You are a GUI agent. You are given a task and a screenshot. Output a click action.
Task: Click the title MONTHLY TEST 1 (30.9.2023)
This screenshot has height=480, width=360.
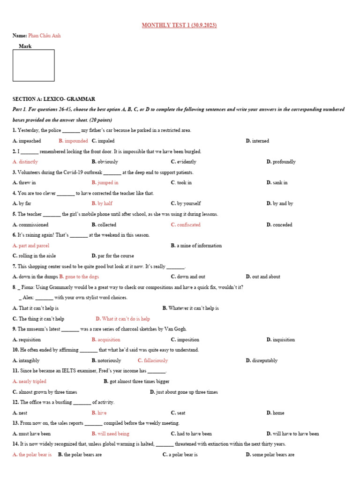(180, 25)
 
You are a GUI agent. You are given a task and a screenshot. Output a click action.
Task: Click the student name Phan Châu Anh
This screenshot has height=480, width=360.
(44, 36)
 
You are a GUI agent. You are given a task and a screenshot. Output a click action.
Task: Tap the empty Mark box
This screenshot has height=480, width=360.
(33, 66)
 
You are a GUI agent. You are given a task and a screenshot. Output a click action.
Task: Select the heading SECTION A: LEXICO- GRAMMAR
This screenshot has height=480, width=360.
(54, 99)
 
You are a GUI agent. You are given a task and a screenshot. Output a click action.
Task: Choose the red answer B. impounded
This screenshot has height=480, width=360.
(73, 141)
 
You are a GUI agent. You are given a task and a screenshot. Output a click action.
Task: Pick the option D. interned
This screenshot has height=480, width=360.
(257, 141)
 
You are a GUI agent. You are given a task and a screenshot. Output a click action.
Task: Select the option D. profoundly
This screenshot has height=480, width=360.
(281, 162)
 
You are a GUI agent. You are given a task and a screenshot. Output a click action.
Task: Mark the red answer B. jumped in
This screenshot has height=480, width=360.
(105, 183)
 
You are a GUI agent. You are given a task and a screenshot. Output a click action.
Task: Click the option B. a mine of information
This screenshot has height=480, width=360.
(196, 246)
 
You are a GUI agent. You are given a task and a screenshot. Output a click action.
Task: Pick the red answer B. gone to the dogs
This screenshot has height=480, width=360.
(79, 277)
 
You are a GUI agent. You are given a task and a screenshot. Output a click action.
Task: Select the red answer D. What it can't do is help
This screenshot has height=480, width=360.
(123, 319)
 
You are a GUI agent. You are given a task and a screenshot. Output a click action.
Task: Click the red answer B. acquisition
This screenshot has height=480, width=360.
(106, 340)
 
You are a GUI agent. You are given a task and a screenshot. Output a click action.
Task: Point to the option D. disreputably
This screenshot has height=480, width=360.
(262, 360)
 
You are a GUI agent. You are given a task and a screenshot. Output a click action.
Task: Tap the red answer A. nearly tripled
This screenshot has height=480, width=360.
(30, 382)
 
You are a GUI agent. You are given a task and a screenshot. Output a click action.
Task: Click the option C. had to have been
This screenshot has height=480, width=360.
(191, 434)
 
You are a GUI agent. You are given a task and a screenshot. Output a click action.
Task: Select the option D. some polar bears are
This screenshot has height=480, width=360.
(270, 455)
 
